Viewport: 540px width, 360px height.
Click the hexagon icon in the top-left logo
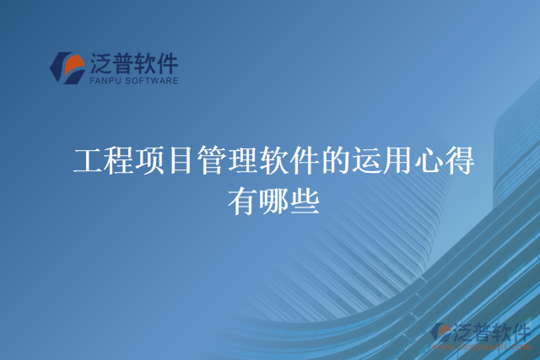(x=67, y=68)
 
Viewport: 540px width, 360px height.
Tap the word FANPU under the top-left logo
(x=104, y=82)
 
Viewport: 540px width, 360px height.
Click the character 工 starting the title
(x=87, y=160)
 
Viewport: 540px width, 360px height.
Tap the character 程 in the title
(x=117, y=160)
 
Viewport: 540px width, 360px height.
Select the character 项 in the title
(x=148, y=160)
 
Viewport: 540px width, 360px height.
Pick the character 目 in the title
(x=179, y=160)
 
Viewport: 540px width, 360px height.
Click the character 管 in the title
(x=210, y=160)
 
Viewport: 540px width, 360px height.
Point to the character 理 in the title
(x=241, y=160)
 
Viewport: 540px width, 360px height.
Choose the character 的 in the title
(x=334, y=160)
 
